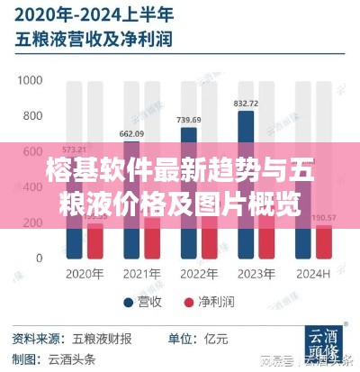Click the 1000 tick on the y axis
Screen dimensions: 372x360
29,80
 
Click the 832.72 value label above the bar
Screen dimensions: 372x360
245,104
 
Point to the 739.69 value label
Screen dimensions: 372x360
188,121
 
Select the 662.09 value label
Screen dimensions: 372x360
132,134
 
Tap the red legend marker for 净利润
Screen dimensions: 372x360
189,302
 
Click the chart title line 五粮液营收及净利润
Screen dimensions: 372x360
92,41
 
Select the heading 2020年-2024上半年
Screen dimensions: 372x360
93,15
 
